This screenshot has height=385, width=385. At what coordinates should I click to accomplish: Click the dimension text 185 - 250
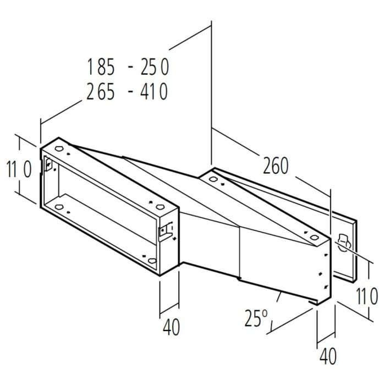[127, 67]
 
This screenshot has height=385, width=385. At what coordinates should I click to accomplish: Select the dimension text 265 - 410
[127, 91]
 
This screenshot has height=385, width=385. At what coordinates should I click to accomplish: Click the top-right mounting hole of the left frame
[160, 207]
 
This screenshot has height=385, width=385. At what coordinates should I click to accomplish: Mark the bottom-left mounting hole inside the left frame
[59, 207]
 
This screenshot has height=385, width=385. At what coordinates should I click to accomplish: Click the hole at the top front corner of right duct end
[314, 238]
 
